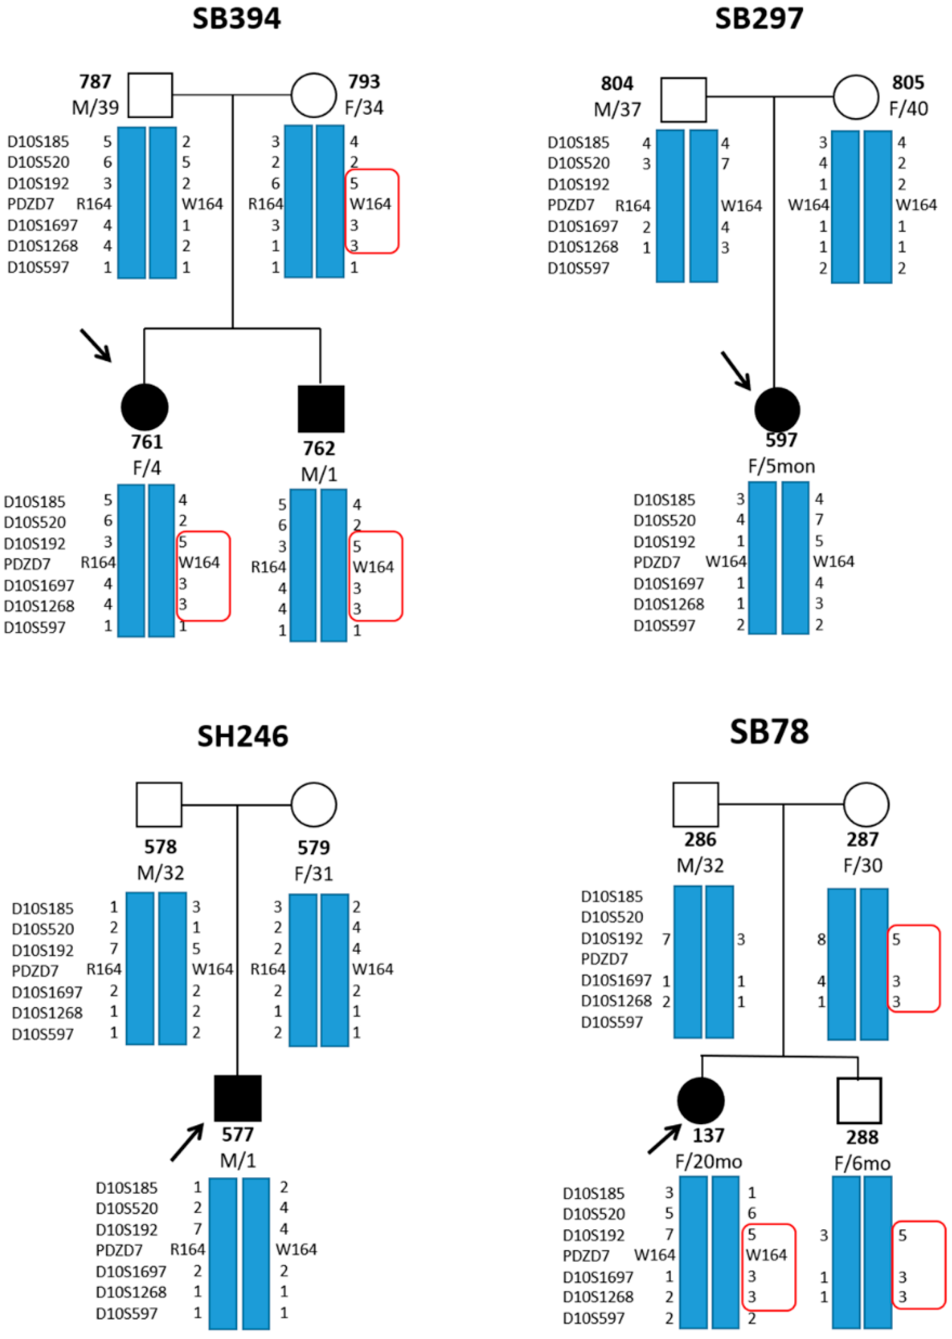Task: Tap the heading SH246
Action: point(243,736)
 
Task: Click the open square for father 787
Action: point(150,95)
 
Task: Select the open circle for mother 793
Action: point(314,95)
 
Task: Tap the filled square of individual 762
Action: point(321,409)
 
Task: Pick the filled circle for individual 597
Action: point(777,409)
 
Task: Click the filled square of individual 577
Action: point(237,1098)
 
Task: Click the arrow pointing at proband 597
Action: point(736,370)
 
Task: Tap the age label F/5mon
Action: point(781,467)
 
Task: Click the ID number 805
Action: point(907,82)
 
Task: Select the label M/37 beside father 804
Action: point(617,109)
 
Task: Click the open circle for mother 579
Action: point(314,805)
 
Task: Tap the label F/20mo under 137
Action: point(708,1161)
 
